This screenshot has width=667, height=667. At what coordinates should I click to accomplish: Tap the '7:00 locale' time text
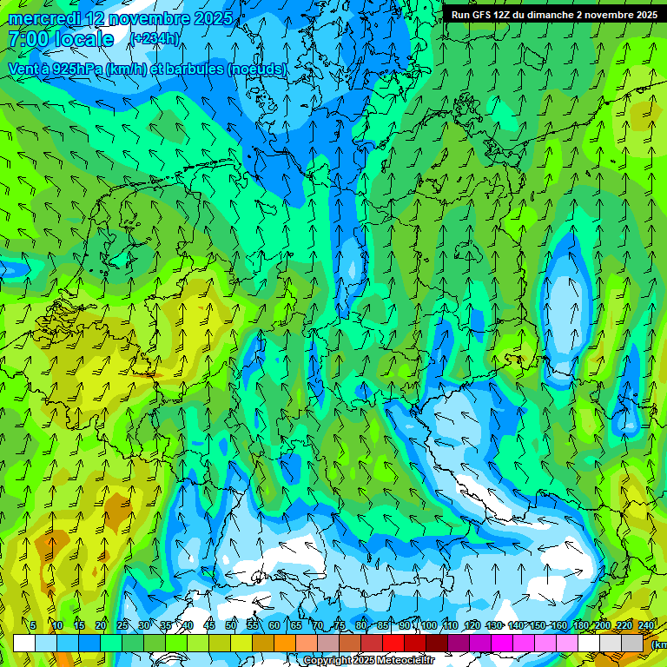coord(61,39)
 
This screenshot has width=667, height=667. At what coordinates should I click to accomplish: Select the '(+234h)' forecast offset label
coord(155,38)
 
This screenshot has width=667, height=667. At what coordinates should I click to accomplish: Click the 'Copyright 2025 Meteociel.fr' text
coord(368,661)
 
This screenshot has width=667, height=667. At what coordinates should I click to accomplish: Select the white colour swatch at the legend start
coord(24,643)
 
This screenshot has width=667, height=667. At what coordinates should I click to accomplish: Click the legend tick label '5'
coord(33,625)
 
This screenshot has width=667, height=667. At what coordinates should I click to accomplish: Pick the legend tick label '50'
coord(231,625)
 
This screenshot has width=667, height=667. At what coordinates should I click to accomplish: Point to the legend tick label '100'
coord(429,625)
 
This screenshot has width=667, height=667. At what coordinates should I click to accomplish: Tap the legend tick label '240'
coord(646,625)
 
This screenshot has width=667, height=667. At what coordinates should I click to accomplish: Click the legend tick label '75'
coord(340,625)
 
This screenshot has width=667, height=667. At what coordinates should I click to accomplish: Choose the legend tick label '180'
coord(581,625)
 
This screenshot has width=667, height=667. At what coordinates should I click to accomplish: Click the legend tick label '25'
coord(122,625)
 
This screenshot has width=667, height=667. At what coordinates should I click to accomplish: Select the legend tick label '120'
coord(472,625)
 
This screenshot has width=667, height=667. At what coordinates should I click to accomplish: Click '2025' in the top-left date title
coord(211,18)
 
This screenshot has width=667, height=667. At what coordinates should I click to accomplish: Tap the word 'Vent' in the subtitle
coord(23,69)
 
